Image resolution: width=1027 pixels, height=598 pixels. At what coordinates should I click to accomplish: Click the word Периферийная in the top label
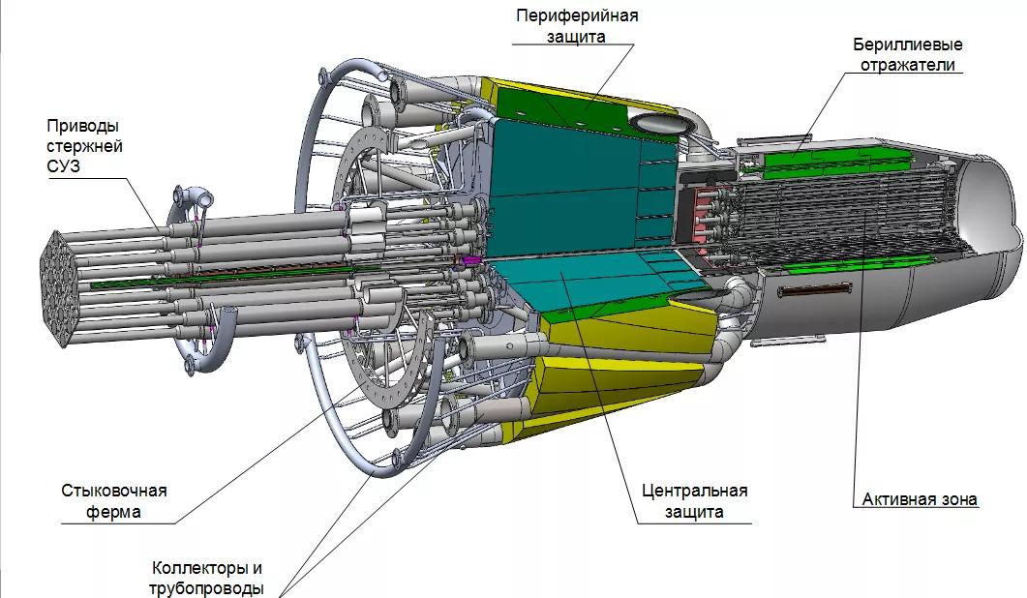[x=577, y=16]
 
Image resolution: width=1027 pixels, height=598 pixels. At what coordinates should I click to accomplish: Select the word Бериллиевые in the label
[x=908, y=45]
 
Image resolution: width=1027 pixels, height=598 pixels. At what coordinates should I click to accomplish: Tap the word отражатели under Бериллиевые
[x=908, y=66]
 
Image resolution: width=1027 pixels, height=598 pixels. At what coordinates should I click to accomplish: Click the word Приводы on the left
[x=84, y=126]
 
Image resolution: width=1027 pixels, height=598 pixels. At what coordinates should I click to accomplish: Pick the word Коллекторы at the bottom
[x=206, y=568]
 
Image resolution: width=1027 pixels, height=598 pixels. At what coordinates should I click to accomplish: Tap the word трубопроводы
[x=206, y=588]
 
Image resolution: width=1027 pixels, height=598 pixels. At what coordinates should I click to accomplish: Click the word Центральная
[x=694, y=491]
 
